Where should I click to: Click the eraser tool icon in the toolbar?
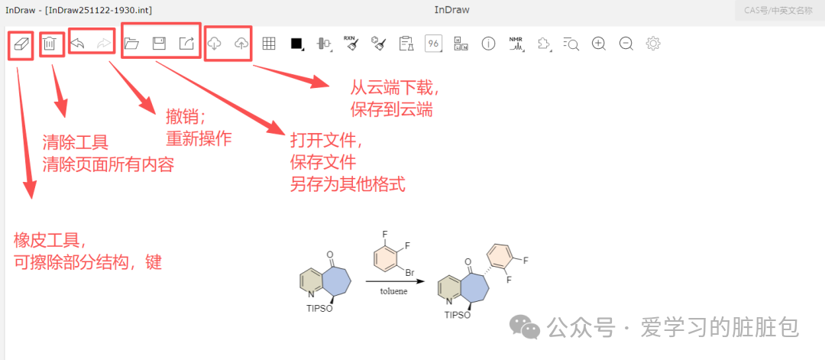21,44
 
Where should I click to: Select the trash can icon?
50,44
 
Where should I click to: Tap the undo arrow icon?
78,44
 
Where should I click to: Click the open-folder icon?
131,44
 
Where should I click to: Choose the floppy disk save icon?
159,44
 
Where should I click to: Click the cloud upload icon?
241,44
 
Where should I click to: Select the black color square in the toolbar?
296,44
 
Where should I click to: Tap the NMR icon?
516,44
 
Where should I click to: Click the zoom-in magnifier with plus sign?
599,44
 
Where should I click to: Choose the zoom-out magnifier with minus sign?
626,44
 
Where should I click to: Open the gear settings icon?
653,44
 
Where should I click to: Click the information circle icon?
488,44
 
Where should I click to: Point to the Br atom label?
409,272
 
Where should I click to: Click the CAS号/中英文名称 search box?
779,10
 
